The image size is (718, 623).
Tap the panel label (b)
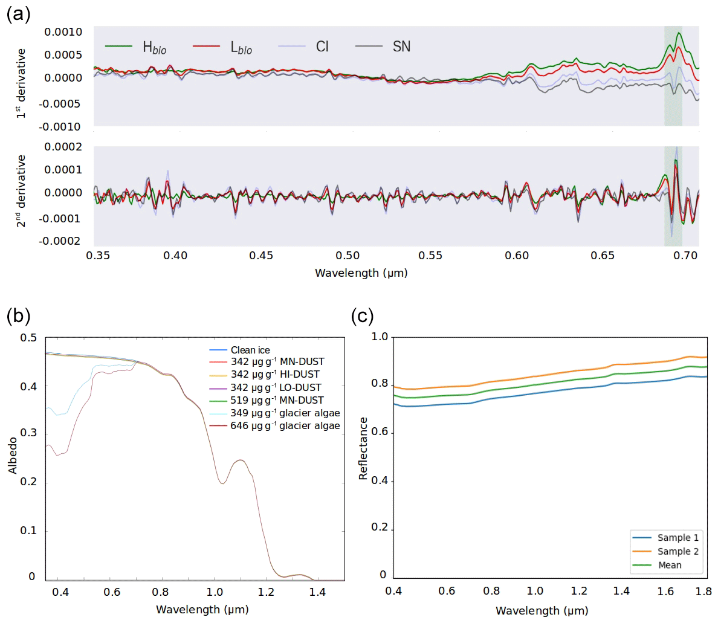tap(18, 315)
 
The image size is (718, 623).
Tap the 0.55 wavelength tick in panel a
tap(433, 256)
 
